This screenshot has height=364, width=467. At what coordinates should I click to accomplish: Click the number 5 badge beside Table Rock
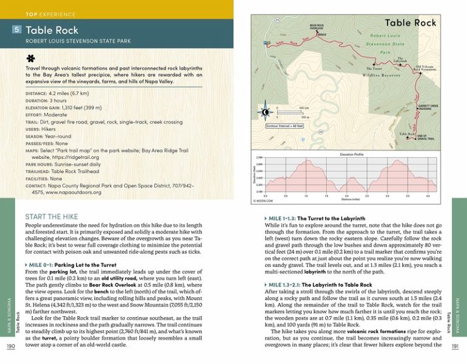pos(17,29)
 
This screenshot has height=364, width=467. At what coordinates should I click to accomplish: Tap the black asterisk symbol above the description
pos(30,59)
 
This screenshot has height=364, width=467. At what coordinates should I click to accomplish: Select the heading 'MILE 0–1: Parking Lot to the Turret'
pos(71,265)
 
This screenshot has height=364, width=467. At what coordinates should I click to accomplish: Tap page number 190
pos(10,346)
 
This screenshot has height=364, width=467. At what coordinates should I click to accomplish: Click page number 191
pos(455,346)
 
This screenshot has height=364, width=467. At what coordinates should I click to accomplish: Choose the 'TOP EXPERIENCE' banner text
pos(48,13)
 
